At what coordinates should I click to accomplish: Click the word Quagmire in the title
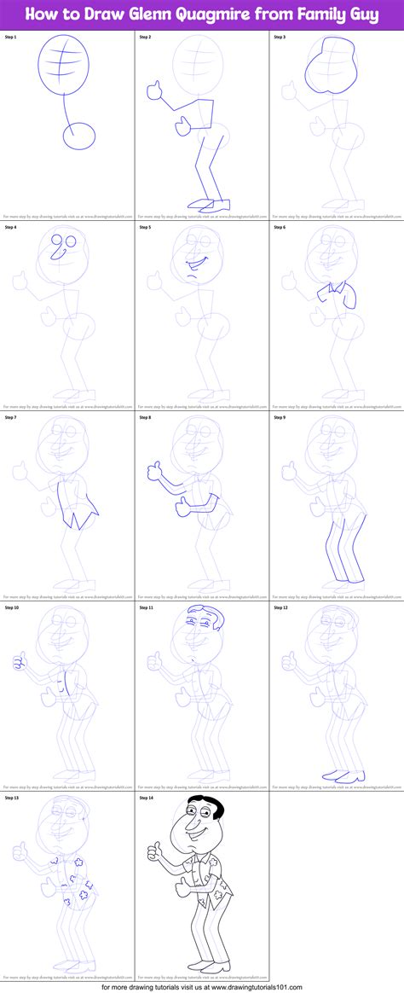point(200,15)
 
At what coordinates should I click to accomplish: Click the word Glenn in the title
point(130,15)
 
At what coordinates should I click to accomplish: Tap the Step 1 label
point(11,38)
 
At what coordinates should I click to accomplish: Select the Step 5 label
point(146,228)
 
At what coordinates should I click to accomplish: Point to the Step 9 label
point(280,418)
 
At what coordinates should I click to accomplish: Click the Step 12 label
point(281,608)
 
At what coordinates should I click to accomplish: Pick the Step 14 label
point(147,798)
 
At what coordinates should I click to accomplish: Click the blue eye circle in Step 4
point(57,241)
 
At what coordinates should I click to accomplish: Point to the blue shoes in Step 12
point(343,775)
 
